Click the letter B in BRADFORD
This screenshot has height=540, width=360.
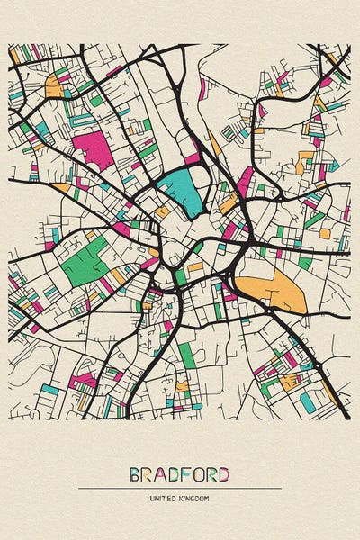[135, 474]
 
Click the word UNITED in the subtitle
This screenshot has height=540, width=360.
[163, 498]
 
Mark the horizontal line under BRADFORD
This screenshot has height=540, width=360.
[180, 489]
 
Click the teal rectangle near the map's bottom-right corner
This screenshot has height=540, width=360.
[307, 402]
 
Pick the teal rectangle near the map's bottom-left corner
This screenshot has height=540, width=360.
[49, 390]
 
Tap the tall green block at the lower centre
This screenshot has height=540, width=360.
[187, 355]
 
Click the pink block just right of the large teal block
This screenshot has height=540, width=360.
[245, 180]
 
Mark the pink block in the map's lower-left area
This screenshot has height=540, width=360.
[84, 381]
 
